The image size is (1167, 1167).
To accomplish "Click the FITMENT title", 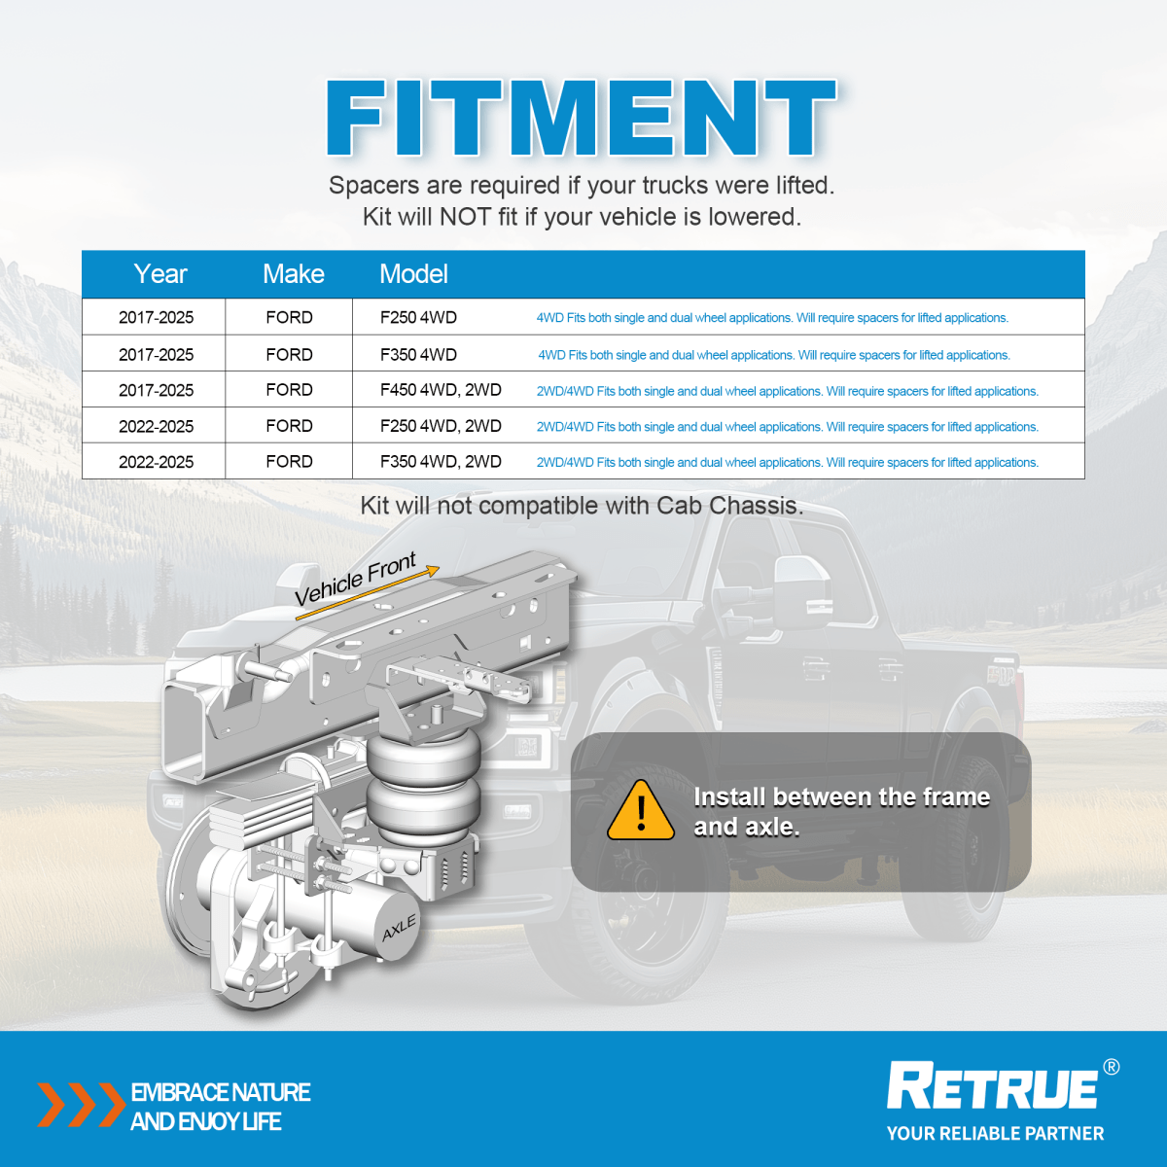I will click(582, 118).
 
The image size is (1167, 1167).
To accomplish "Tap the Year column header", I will click(160, 274).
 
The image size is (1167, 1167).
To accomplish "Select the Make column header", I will click(293, 274).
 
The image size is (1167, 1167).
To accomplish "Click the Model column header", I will click(413, 274).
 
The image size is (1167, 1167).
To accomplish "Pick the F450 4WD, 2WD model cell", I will click(441, 390).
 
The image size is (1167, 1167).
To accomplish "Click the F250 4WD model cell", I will click(418, 318).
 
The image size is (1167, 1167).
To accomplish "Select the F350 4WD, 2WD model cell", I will click(441, 462).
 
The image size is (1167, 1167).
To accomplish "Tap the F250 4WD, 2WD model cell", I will click(441, 426).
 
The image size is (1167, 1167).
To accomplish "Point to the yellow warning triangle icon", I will click(641, 812).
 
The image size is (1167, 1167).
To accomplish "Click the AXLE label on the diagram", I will click(399, 929).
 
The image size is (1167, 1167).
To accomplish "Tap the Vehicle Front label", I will click(355, 580).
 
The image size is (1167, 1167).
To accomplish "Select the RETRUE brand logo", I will click(992, 1086).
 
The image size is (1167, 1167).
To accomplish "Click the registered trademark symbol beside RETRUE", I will click(1111, 1067).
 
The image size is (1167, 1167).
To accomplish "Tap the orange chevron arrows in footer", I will click(80, 1105).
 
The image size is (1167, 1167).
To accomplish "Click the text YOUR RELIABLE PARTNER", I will click(995, 1133).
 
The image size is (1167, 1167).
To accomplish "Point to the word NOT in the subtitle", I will click(465, 217).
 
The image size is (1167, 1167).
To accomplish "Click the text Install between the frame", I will click(841, 797).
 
